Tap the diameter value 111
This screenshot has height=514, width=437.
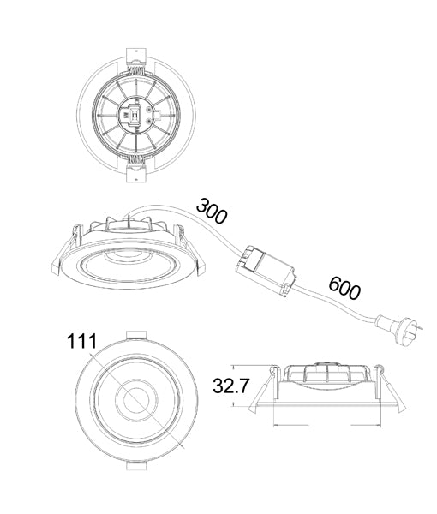(83, 342)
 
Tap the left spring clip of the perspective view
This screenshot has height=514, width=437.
(77, 236)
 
